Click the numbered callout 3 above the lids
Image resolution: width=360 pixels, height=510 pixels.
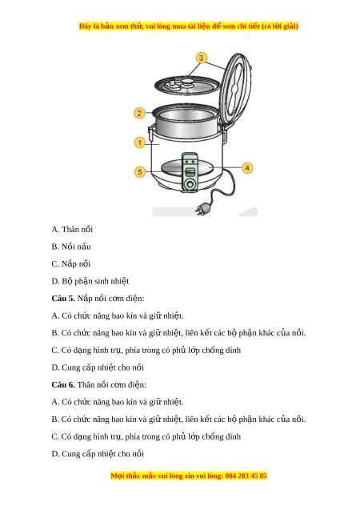coord(201,58)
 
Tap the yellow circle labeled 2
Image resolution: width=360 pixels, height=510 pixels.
coord(139,113)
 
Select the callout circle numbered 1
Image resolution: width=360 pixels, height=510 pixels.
coord(140,143)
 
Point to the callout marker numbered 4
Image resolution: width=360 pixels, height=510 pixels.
coord(247,168)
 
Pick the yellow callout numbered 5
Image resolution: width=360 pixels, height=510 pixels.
coord(140,171)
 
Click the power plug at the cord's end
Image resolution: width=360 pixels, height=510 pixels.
coord(202,208)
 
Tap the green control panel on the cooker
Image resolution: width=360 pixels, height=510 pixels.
coord(189,171)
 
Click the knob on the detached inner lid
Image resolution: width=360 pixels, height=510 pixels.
coord(188,81)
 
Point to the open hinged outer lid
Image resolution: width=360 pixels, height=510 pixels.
coord(235,89)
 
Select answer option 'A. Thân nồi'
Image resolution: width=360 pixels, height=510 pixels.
coord(72,229)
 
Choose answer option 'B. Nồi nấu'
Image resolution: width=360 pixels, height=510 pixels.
coord(71,247)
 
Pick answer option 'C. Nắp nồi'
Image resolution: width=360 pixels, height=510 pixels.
coord(71,263)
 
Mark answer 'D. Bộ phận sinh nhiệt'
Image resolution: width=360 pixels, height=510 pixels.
coord(90,281)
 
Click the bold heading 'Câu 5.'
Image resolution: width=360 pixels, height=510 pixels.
coord(63,299)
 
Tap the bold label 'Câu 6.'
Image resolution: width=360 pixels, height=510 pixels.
coord(63,385)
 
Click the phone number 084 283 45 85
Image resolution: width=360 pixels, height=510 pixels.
coord(246,476)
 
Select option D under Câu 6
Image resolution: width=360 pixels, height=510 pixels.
coord(98,454)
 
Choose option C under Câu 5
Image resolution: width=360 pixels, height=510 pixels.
coord(146,351)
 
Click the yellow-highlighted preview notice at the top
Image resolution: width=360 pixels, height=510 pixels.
coord(189,26)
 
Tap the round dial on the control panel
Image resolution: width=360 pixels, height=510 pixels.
coord(189,184)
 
